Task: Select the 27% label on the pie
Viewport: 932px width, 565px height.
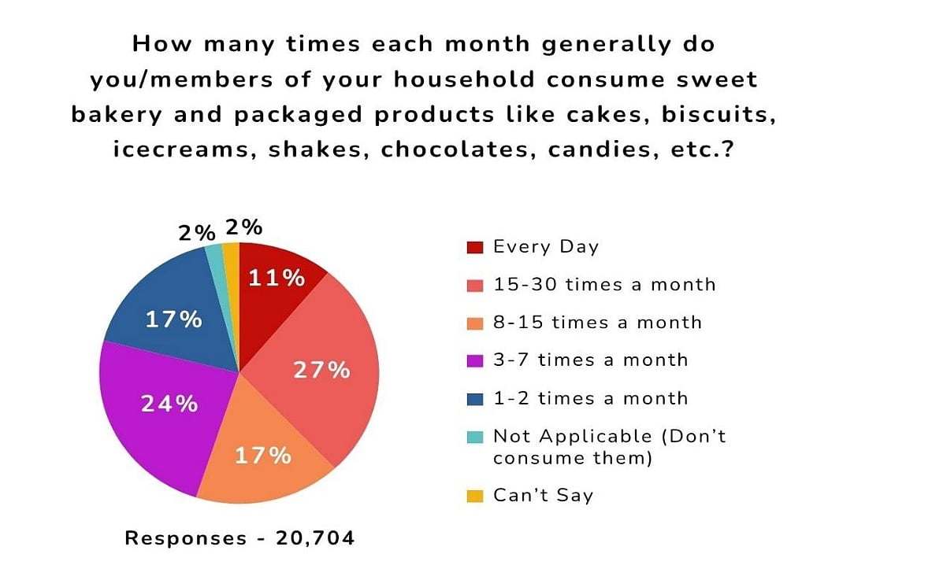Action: click(x=321, y=370)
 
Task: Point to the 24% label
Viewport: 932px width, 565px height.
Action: click(x=169, y=404)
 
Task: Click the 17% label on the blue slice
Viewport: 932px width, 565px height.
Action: click(x=174, y=320)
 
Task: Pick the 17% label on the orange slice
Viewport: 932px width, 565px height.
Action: click(x=264, y=455)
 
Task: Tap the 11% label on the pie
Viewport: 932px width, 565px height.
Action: click(x=277, y=278)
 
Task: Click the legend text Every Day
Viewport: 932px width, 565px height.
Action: click(x=546, y=247)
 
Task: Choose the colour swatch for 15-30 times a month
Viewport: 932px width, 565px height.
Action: click(x=475, y=285)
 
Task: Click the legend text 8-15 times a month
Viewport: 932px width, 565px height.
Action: click(x=597, y=322)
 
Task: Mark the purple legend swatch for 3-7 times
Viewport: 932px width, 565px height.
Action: click(x=475, y=360)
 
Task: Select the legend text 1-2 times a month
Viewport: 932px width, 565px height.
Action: click(x=590, y=398)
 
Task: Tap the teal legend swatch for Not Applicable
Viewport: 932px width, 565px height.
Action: click(x=475, y=437)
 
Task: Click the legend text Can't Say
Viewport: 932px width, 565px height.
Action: click(x=543, y=495)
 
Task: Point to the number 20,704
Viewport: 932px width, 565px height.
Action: click(x=315, y=538)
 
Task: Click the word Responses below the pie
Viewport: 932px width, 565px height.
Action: click(x=186, y=538)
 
